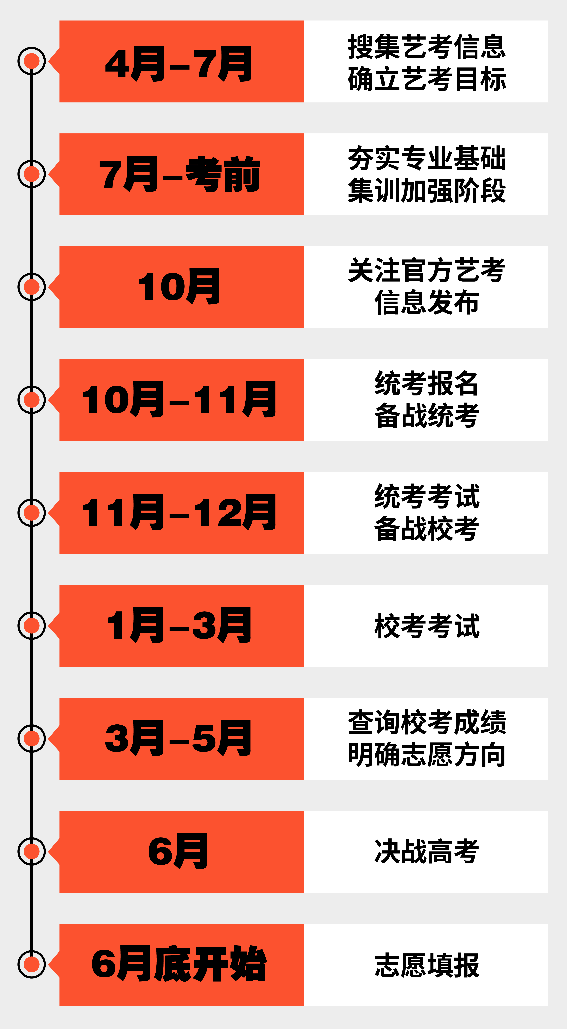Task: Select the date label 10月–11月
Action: (x=179, y=399)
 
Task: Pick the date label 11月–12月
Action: (x=179, y=513)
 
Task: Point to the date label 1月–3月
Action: (x=179, y=626)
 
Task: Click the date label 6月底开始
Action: (x=179, y=964)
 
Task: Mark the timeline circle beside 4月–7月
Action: (x=32, y=61)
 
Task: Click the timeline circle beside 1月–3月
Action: (x=32, y=626)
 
